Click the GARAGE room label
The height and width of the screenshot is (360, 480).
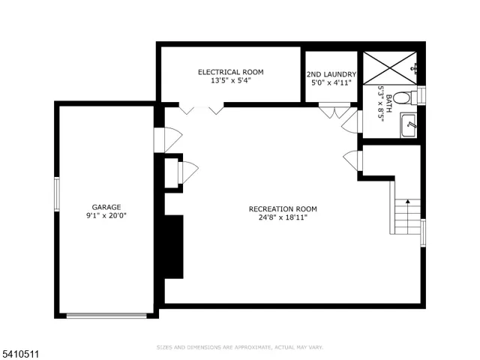(x=106, y=207)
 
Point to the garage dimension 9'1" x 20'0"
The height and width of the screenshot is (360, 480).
(x=106, y=216)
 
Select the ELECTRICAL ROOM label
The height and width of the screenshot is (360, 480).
(x=230, y=72)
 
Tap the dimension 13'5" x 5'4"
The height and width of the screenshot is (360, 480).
(x=230, y=81)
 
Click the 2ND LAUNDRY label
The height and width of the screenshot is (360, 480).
(x=331, y=74)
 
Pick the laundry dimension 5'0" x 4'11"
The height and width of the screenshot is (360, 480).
(x=331, y=83)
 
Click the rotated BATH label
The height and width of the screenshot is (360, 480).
(x=389, y=97)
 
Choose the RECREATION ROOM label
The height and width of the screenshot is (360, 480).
(x=283, y=208)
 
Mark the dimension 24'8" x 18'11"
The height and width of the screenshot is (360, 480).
(x=283, y=217)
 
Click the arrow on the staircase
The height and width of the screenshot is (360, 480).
(x=407, y=201)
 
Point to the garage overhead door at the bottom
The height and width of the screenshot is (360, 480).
(x=106, y=316)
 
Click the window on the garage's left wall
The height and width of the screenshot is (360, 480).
(x=56, y=193)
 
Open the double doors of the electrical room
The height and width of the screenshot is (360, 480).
(x=200, y=109)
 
